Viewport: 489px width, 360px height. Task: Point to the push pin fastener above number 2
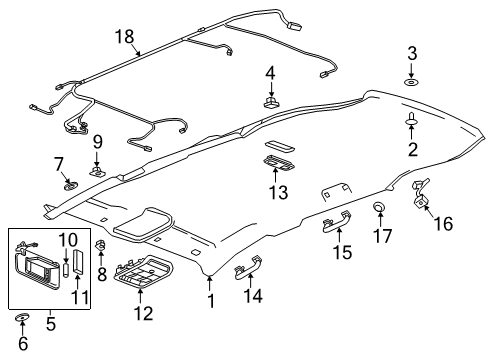411,121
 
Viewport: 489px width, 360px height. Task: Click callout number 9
97,142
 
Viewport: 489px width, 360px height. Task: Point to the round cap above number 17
380,207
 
